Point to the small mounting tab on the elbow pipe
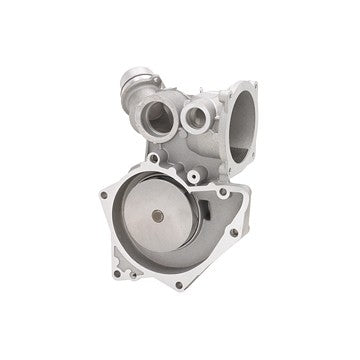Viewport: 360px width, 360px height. coord(160,76)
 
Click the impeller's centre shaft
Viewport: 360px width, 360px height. coord(159,217)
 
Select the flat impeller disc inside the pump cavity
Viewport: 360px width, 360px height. coord(165,225)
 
